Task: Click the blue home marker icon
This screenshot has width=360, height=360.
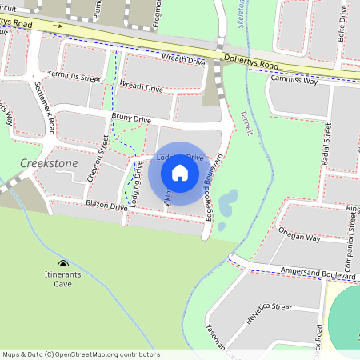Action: [180, 173]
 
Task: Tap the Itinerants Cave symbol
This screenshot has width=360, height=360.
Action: [63, 264]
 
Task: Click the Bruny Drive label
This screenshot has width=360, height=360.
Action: [131, 118]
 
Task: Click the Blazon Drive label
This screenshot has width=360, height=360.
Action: [106, 206]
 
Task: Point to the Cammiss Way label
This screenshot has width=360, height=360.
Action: [294, 81]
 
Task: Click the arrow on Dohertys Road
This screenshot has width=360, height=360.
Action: [58, 26]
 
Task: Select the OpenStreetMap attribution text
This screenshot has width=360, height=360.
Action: [81, 354]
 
